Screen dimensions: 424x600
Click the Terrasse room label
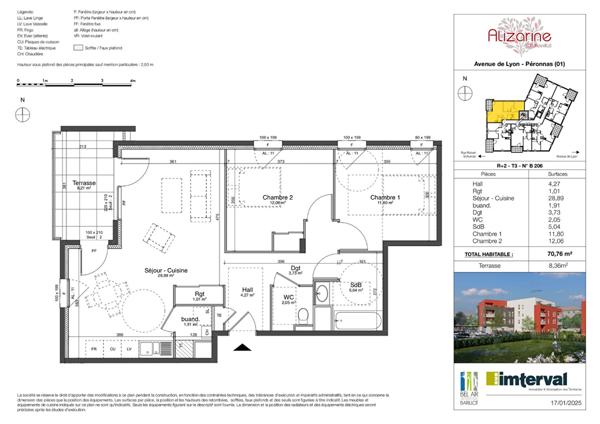(73, 185)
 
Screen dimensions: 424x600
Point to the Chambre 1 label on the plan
(384, 197)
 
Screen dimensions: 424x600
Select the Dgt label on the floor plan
(296, 267)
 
